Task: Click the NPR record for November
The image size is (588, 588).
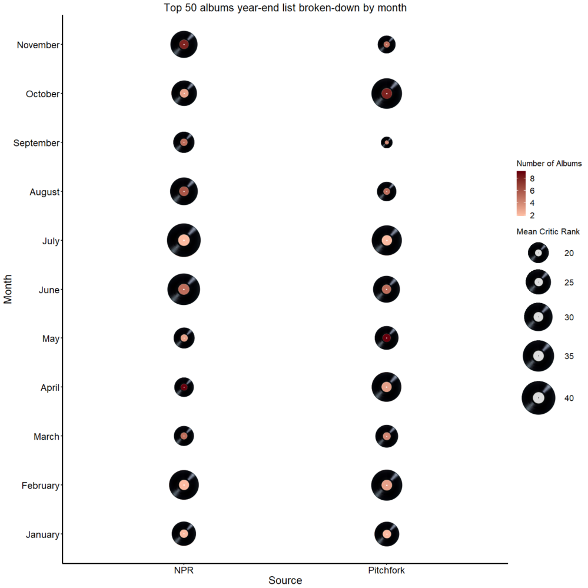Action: pyautogui.click(x=184, y=45)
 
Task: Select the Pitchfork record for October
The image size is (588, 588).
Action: pyautogui.click(x=387, y=94)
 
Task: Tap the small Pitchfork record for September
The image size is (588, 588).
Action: pyautogui.click(x=387, y=142)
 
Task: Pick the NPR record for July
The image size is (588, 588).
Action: pyautogui.click(x=184, y=240)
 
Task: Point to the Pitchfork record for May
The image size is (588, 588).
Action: pyautogui.click(x=387, y=338)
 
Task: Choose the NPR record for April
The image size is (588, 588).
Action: pyautogui.click(x=184, y=387)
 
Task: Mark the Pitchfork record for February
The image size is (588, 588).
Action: pyautogui.click(x=387, y=485)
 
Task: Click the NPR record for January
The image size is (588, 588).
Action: pyautogui.click(x=184, y=534)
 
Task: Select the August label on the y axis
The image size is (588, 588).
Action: pyautogui.click(x=44, y=192)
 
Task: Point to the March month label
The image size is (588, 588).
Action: pyautogui.click(x=46, y=437)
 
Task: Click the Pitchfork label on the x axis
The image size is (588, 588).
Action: pyautogui.click(x=387, y=570)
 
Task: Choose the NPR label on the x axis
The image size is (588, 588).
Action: pyautogui.click(x=184, y=570)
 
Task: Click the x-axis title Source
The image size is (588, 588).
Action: pyautogui.click(x=285, y=581)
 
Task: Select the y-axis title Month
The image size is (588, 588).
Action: pyautogui.click(x=8, y=290)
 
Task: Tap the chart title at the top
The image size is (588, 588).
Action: pyautogui.click(x=285, y=8)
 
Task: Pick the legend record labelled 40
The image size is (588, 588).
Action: pyautogui.click(x=539, y=398)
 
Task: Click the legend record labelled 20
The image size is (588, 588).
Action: pyautogui.click(x=539, y=253)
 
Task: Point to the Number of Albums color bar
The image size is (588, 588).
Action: pyautogui.click(x=521, y=195)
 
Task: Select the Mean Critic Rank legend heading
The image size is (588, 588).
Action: pyautogui.click(x=548, y=232)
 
